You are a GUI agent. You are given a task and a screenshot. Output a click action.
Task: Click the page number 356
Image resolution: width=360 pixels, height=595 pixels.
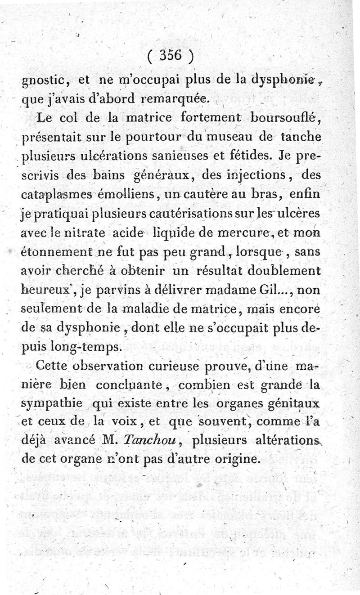click(170, 56)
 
